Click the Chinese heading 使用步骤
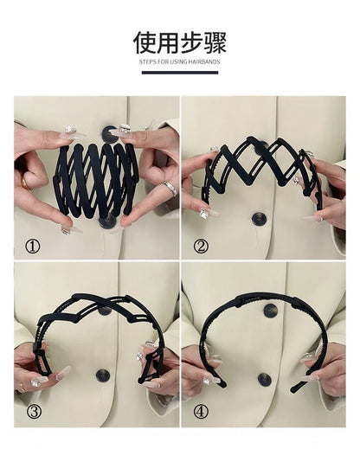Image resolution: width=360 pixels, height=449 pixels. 179,43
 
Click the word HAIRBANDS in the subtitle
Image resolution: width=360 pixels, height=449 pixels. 203,62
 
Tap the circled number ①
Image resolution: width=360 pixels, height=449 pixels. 33,246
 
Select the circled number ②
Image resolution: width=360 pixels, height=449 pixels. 201,246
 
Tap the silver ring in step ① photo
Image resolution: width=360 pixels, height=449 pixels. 170,187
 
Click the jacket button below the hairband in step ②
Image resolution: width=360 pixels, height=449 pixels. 259,218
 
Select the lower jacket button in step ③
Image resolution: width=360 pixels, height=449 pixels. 102,375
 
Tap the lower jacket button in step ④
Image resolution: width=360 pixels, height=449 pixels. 265,379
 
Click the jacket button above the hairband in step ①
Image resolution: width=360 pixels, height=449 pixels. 111,133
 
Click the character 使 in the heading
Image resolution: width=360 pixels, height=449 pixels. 145,43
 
